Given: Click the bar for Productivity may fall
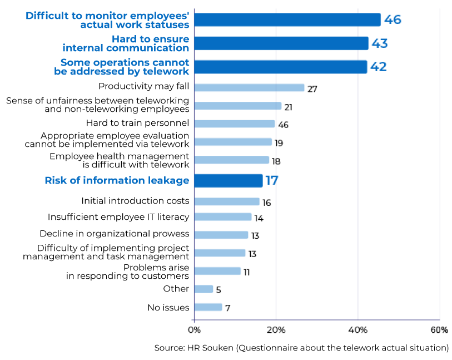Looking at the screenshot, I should coord(249,87).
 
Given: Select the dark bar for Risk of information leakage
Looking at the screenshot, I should coord(228,181).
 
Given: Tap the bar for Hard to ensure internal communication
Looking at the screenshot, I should coord(281,43).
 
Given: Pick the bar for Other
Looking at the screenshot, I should coord(203,289).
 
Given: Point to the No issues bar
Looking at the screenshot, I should coord(208,307).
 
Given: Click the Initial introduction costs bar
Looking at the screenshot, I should coord(227,201).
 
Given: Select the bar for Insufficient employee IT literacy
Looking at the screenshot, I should coord(222,217).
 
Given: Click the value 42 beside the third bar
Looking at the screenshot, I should coord(378,67).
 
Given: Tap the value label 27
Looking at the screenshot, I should coord(312,89).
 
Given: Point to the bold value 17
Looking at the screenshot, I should coord(271,181).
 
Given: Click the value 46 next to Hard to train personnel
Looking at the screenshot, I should coord(283,125).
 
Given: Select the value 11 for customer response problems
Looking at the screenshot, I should coord(246,273).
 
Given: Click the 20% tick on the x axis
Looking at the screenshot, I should coord(276,330).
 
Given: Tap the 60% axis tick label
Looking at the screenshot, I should coord(439,330).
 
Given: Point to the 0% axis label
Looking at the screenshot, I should coord(195,330).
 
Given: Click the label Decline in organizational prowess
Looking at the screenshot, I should coord(114,234).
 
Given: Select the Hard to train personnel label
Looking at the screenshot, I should coord(137,123).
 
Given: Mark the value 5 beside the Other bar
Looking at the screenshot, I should coord(218,290).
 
